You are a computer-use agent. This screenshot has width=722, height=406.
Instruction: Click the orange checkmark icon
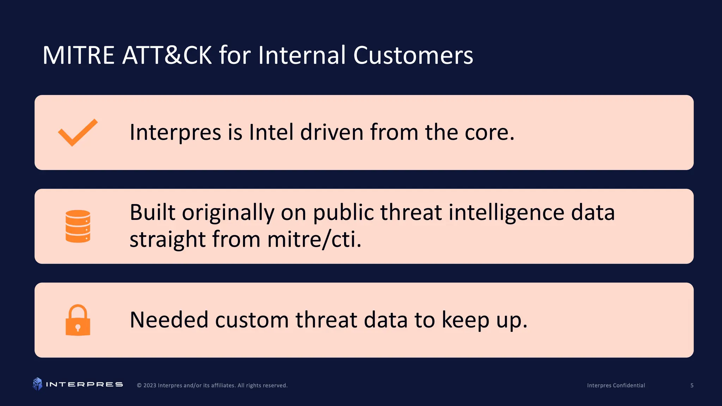[x=78, y=133]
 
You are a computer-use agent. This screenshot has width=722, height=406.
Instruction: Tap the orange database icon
[x=78, y=226]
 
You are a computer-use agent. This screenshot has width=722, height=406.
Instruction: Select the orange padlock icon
[x=78, y=320]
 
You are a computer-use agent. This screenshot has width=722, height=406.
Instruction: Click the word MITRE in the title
[x=78, y=55]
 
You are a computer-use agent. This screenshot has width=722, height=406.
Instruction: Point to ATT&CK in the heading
[x=167, y=55]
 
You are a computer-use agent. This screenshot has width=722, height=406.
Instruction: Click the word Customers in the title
[x=413, y=55]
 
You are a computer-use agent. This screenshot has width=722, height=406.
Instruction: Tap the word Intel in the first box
[x=271, y=133]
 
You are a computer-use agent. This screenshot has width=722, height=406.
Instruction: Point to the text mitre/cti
[x=314, y=240]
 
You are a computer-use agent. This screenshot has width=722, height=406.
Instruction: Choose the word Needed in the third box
[x=169, y=320]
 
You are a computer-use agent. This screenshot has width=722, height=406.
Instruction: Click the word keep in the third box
[x=465, y=320]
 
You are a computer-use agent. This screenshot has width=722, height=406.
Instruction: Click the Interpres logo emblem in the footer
[x=37, y=384]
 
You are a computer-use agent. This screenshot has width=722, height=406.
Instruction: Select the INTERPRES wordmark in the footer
[x=84, y=385]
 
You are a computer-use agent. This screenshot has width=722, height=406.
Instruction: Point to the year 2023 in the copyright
[x=150, y=386]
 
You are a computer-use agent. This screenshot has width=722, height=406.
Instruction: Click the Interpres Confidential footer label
[x=616, y=386]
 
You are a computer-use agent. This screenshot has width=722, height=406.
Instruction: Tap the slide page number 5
[x=692, y=386]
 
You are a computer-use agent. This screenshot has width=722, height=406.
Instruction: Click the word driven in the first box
[x=332, y=133]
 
